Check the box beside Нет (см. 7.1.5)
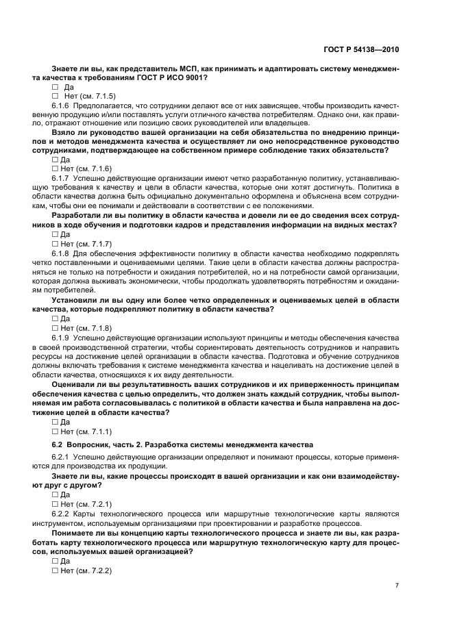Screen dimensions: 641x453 pyautogui.click(x=55, y=97)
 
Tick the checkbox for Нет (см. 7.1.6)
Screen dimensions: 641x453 pyautogui.click(x=55, y=168)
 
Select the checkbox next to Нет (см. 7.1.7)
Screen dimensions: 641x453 pyautogui.click(x=55, y=243)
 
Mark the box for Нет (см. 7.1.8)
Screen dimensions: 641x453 pyautogui.click(x=55, y=328)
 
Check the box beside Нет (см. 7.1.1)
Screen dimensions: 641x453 pyautogui.click(x=55, y=431)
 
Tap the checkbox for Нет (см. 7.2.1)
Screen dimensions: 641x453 pyautogui.click(x=55, y=503)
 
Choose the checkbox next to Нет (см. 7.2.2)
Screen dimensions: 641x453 pyautogui.click(x=55, y=570)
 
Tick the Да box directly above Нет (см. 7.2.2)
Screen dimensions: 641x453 pyautogui.click(x=55, y=561)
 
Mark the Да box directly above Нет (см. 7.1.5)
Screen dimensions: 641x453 pyautogui.click(x=55, y=87)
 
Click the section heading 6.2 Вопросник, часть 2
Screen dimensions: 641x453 pyautogui.click(x=182, y=444)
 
